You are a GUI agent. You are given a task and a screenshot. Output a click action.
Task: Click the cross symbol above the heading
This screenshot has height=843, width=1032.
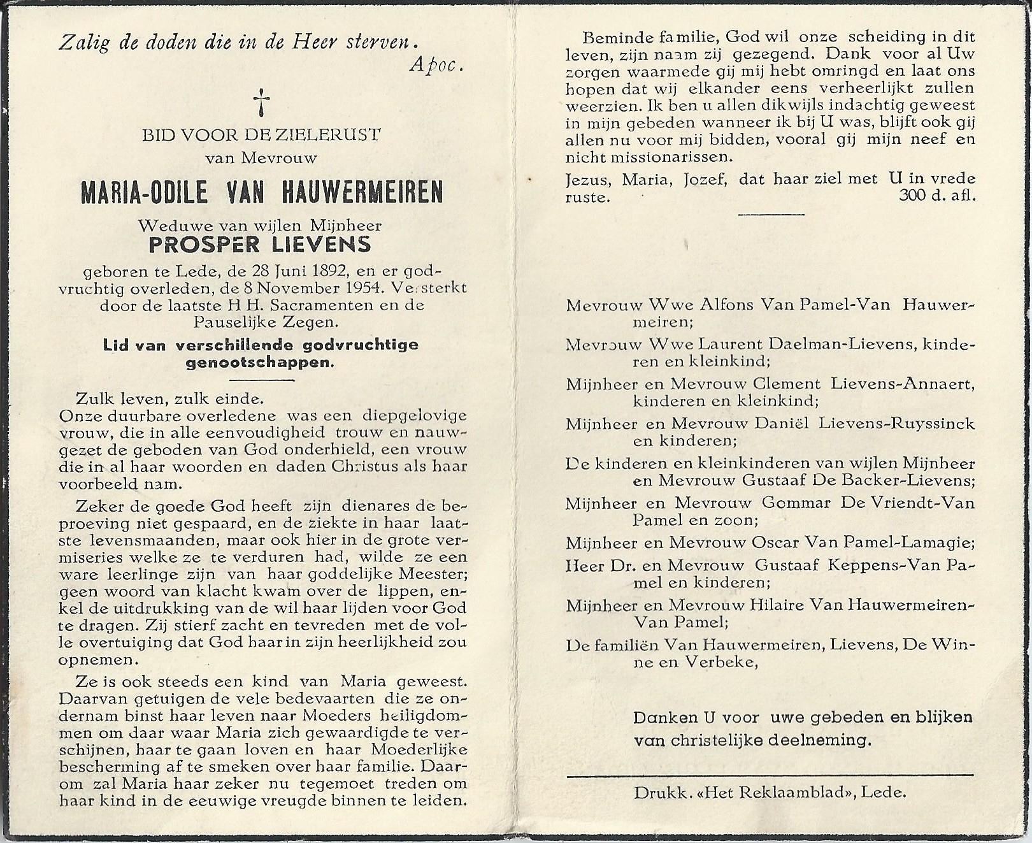pyautogui.click(x=261, y=103)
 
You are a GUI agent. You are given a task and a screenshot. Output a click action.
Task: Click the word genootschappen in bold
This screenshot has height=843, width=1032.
pyautogui.click(x=260, y=363)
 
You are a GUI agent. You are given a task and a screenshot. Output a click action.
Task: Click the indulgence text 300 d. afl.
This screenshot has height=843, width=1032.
pyautogui.click(x=937, y=196)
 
